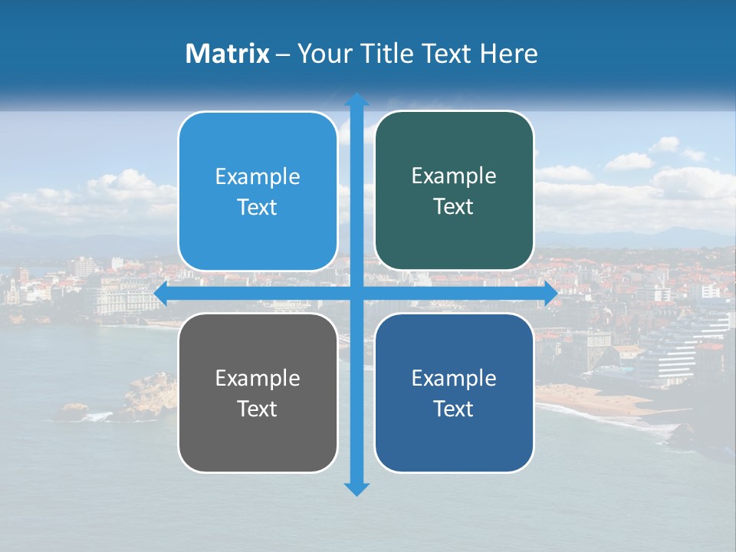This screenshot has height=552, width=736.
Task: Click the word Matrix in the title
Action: coord(227,54)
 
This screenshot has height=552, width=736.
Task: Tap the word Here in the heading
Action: coord(509,54)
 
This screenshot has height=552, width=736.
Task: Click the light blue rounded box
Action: coord(258,191)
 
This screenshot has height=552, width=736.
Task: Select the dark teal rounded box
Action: coord(454,191)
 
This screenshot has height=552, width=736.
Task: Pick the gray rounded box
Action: coord(258,393)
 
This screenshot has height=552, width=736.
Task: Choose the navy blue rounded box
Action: coord(454,393)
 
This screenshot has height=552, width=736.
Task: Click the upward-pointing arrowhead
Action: coord(356,100)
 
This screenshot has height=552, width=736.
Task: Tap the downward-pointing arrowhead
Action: coord(356,488)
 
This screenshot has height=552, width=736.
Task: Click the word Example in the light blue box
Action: coord(258,177)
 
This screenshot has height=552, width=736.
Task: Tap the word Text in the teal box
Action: coord(454,207)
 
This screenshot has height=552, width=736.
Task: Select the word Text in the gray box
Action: coord(258,409)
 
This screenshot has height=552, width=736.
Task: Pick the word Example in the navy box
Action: coord(454,378)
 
